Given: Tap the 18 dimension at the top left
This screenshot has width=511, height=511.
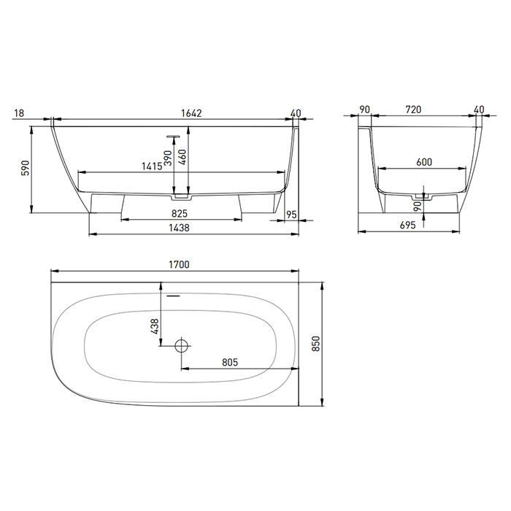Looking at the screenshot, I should point(20,112).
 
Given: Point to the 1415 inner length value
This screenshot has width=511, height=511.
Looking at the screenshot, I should point(151,166).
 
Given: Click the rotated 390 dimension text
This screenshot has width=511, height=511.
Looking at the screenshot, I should point(168,159).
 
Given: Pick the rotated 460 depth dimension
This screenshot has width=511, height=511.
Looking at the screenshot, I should point(183,155).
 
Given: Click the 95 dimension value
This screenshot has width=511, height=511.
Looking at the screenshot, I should point(292,214).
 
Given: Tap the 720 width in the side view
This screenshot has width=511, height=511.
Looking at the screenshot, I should point(413,110).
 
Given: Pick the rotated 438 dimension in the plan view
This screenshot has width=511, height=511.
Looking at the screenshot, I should point(155,327).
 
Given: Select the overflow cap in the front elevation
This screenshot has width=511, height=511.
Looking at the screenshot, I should point(174,135).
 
